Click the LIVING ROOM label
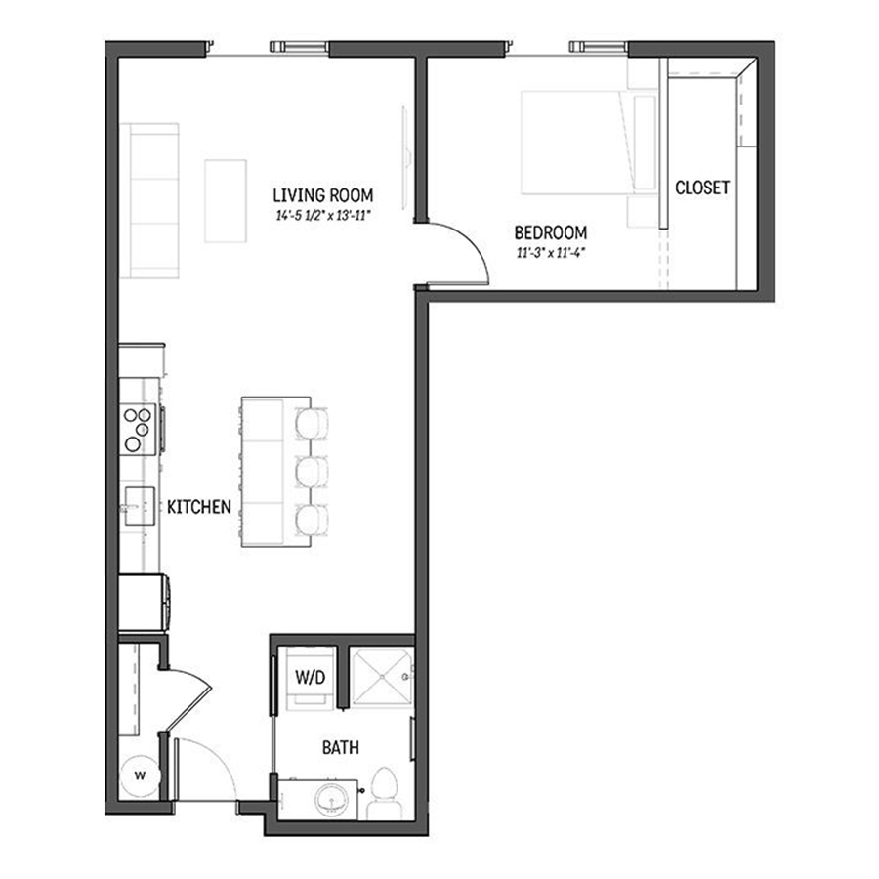click(x=323, y=195)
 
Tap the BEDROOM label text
click(x=551, y=232)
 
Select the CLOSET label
click(x=702, y=188)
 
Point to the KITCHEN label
click(x=199, y=507)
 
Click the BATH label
click(x=340, y=747)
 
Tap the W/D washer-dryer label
click(x=310, y=677)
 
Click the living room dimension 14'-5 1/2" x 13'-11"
click(x=323, y=215)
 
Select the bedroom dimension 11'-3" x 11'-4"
click(x=551, y=253)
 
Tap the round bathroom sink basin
click(x=333, y=799)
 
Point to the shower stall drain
click(x=382, y=677)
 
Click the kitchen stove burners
click(x=138, y=430)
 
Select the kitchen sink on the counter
click(x=139, y=507)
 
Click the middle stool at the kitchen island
click(x=311, y=472)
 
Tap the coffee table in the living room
click(x=226, y=201)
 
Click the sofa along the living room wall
click(x=149, y=200)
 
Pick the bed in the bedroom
click(x=589, y=143)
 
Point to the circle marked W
click(x=140, y=775)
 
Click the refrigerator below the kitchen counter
click(x=144, y=604)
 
